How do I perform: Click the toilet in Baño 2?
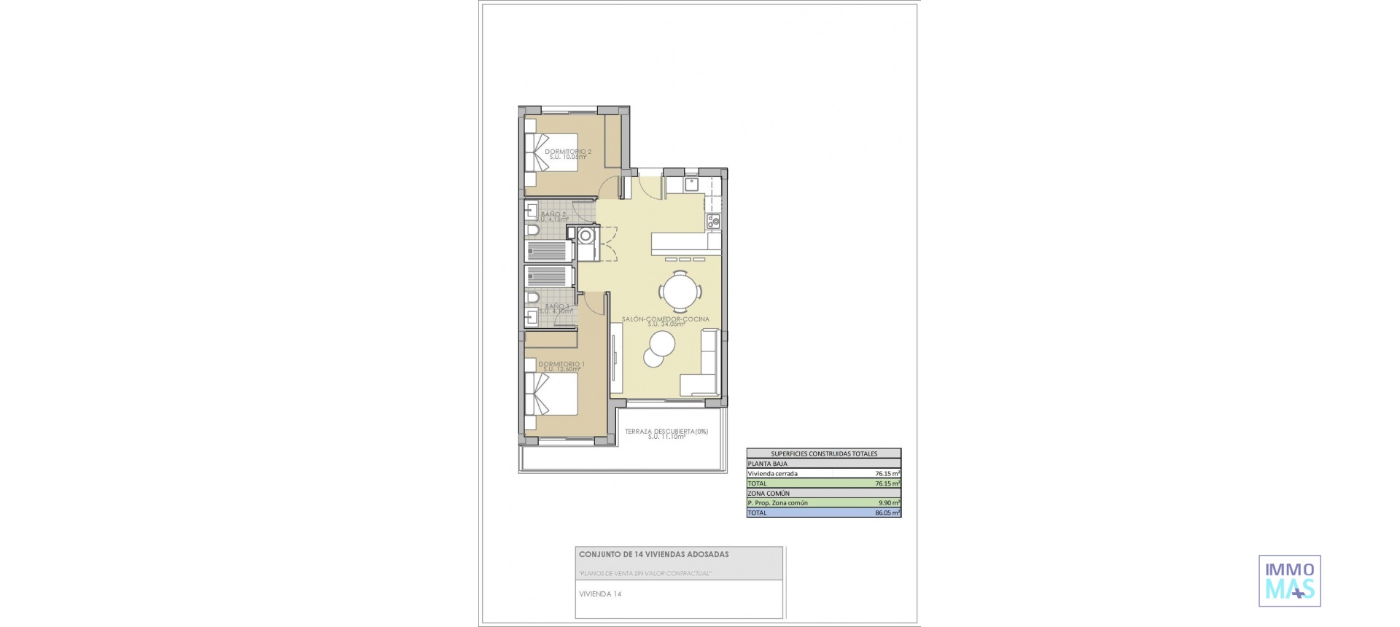click(532, 231)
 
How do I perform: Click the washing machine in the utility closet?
click(586, 235)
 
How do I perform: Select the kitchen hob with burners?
click(714, 220)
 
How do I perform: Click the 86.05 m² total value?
click(887, 513)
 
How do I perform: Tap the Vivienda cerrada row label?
click(772, 473)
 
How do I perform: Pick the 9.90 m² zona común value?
click(889, 502)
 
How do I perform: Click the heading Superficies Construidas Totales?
click(824, 453)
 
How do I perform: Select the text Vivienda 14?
click(600, 594)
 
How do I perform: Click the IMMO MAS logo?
click(1289, 581)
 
